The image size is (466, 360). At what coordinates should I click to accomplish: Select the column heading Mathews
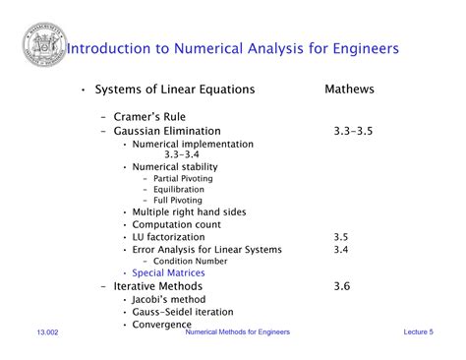(x=349, y=90)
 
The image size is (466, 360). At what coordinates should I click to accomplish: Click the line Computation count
(x=176, y=224)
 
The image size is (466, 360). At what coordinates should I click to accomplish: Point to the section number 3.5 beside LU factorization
(x=341, y=237)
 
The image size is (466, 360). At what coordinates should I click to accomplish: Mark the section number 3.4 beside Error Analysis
(x=341, y=249)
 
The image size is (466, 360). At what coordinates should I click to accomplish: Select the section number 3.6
(x=341, y=286)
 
